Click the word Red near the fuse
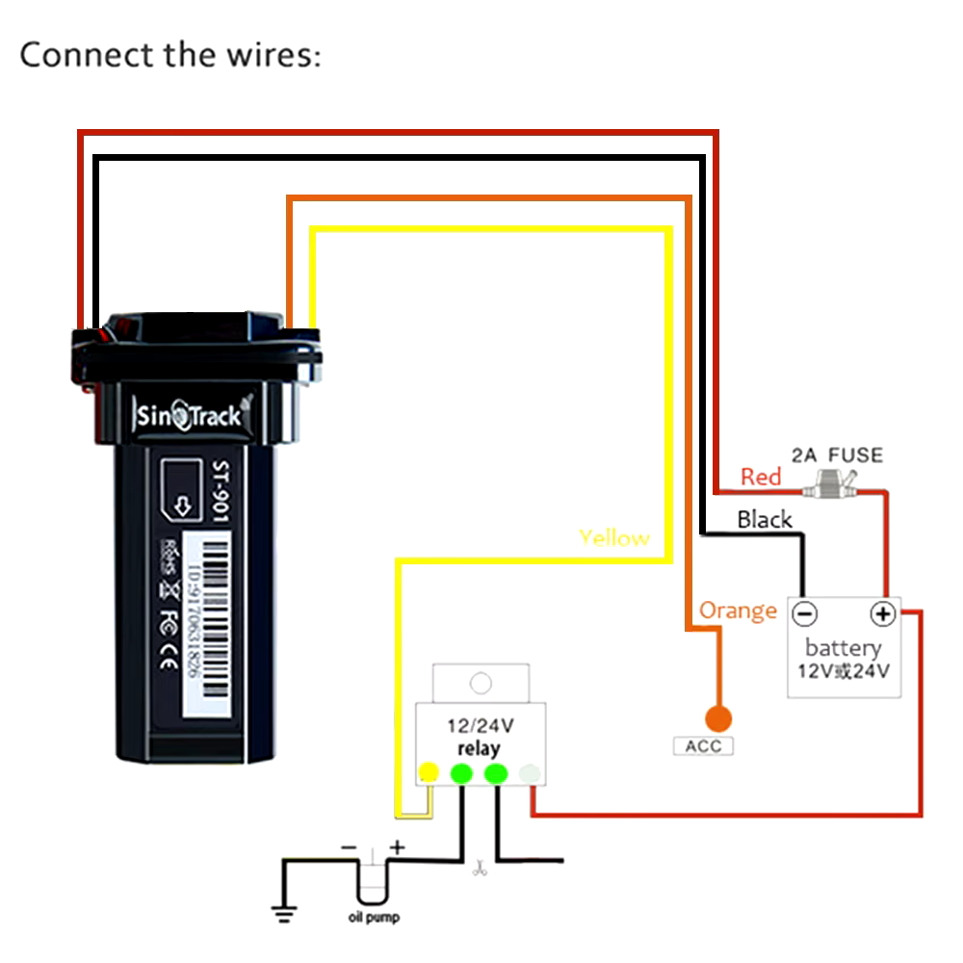[761, 477]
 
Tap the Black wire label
[764, 520]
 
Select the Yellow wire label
[613, 537]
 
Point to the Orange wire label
[738, 611]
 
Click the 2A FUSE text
[836, 455]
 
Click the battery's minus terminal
[805, 613]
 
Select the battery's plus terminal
[882, 613]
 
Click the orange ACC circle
[716, 717]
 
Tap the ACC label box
[703, 746]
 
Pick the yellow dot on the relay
[429, 771]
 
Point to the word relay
[479, 748]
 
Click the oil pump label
[374, 918]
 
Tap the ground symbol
[281, 913]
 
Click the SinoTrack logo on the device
[188, 416]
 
